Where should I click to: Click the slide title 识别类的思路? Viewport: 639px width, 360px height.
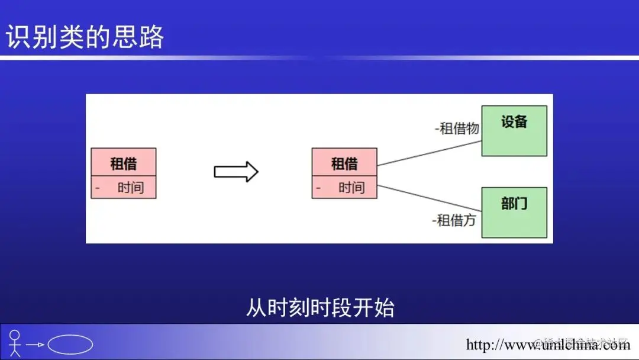[85, 37]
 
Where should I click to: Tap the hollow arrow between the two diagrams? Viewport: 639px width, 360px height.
[235, 172]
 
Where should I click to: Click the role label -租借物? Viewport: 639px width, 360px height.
[457, 128]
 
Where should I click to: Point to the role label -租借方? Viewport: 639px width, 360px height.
[454, 221]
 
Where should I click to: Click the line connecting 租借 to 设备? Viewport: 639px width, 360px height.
[429, 153]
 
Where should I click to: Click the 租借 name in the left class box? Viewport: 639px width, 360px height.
[123, 163]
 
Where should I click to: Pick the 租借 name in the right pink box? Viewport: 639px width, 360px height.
[344, 163]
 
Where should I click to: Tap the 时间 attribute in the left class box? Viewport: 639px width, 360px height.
[130, 188]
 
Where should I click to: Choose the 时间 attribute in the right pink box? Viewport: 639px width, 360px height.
[351, 188]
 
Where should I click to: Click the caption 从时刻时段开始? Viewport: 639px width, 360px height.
[319, 308]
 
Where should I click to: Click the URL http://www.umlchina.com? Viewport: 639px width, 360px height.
[548, 345]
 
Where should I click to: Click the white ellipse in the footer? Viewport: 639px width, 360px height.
[70, 344]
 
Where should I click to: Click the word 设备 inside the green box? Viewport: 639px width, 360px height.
[514, 122]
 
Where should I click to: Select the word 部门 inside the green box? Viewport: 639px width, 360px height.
[514, 204]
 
